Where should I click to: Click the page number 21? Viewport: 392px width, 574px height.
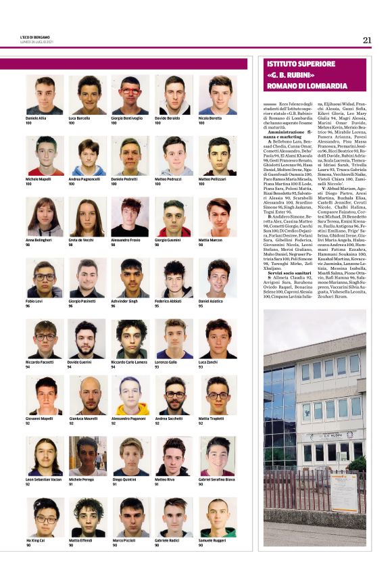[367, 40]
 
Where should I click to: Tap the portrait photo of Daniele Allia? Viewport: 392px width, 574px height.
[45, 95]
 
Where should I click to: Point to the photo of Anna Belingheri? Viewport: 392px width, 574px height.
[45, 217]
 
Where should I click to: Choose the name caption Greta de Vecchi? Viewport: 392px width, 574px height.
[82, 240]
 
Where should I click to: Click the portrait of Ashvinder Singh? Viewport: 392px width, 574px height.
[130, 278]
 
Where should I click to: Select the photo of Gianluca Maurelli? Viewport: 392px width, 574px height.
[88, 396]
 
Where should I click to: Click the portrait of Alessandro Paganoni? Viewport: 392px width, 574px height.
[130, 396]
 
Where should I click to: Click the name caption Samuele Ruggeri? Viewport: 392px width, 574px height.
[214, 541]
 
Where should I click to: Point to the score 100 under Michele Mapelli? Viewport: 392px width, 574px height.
[29, 184]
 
